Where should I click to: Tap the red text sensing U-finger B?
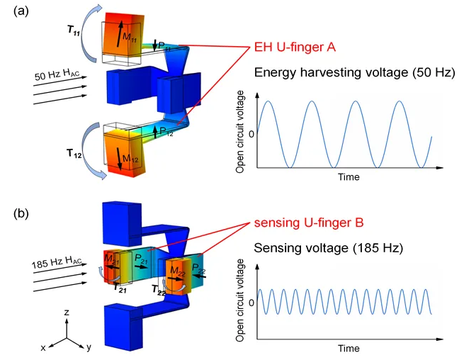pyautogui.click(x=310, y=223)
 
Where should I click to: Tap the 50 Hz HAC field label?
pyautogui.click(x=56, y=74)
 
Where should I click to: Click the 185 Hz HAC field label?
pyautogui.click(x=53, y=264)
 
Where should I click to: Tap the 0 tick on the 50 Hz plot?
pyautogui.click(x=249, y=134)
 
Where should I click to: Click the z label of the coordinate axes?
pyautogui.click(x=66, y=312)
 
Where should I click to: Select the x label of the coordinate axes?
pyautogui.click(x=44, y=347)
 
